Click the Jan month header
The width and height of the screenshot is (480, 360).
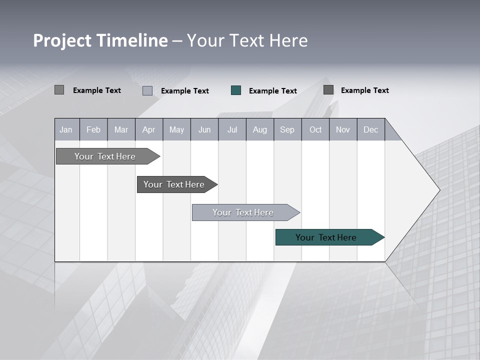click(66, 130)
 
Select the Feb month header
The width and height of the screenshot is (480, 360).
click(93, 130)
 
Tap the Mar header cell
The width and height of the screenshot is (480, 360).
click(121, 130)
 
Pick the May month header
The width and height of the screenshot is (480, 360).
click(176, 130)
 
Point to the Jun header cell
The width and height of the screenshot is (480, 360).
click(204, 130)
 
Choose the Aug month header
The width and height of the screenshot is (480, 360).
click(259, 130)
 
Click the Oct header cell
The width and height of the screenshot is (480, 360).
click(315, 130)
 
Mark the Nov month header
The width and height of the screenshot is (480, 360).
click(343, 130)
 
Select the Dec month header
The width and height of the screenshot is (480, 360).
click(370, 130)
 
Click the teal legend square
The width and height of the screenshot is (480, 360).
click(236, 90)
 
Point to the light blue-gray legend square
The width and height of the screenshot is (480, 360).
click(147, 90)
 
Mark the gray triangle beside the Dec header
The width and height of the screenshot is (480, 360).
click(391, 133)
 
